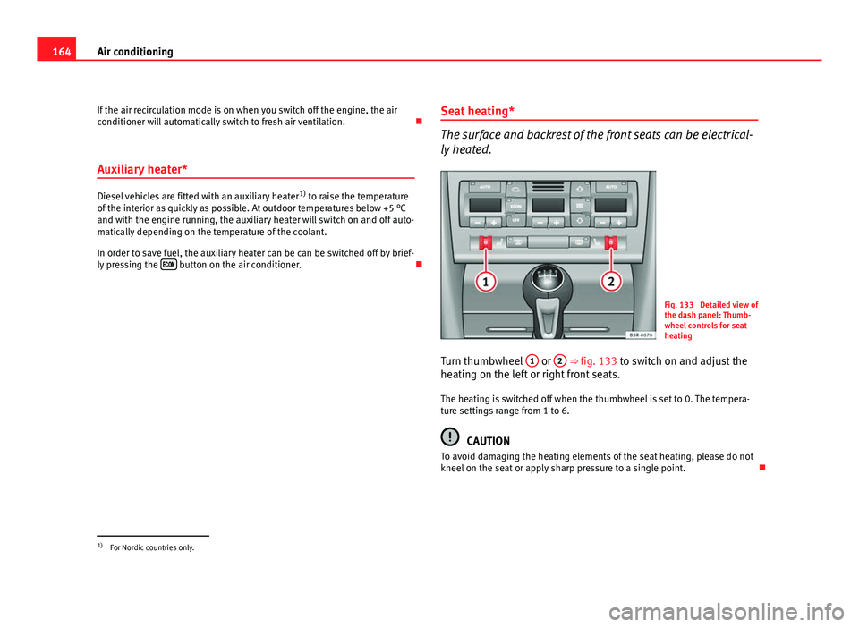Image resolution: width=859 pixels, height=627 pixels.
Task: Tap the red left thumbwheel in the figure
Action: pos(484,242)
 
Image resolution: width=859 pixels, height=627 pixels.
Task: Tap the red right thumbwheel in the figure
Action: pos(613,242)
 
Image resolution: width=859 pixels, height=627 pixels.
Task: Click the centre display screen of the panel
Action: pos(547,205)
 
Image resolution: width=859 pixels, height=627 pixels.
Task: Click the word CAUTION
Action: pos(489,441)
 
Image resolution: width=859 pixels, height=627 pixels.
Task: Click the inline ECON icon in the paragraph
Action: pos(167,266)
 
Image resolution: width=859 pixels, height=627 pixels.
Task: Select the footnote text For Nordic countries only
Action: pos(151,547)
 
